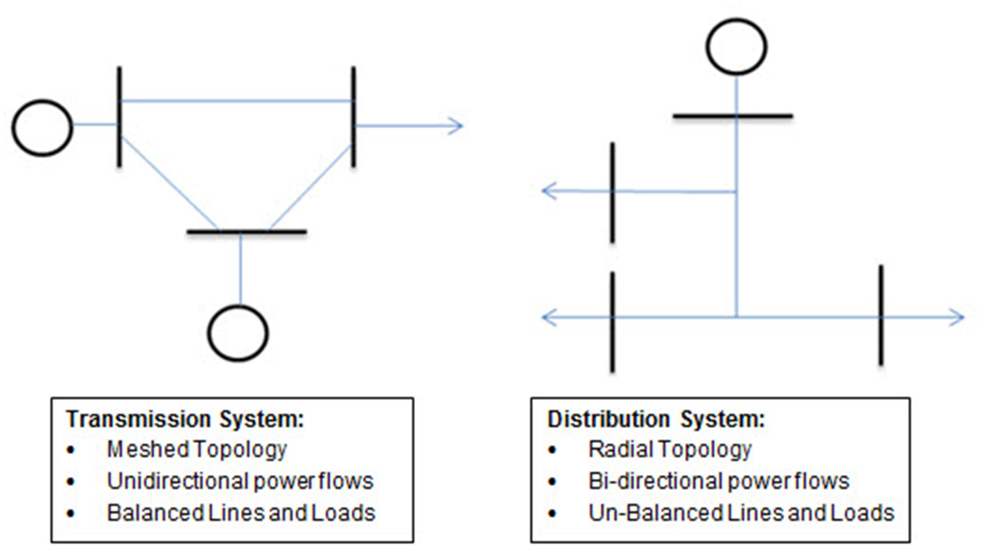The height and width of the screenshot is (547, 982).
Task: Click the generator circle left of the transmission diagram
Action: (x=42, y=127)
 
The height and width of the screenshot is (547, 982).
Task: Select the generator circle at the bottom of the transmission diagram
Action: (x=238, y=333)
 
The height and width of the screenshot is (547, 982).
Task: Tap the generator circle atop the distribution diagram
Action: (x=736, y=46)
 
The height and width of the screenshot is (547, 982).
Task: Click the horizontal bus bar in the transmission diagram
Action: (x=247, y=232)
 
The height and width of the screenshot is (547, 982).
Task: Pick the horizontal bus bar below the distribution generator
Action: (x=733, y=116)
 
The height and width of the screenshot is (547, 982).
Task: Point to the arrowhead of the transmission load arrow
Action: (x=456, y=125)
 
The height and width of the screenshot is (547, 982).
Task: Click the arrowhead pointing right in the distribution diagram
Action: (x=957, y=318)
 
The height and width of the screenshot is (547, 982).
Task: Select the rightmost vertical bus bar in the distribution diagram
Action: (x=881, y=315)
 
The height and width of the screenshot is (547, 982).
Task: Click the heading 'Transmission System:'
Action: (x=185, y=420)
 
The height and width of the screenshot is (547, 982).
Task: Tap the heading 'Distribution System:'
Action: (x=656, y=420)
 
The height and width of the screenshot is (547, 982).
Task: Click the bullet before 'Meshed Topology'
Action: (x=71, y=451)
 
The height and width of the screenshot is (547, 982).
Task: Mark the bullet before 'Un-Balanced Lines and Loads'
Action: (x=552, y=514)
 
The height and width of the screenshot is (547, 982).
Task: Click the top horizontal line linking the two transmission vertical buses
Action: (x=236, y=101)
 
